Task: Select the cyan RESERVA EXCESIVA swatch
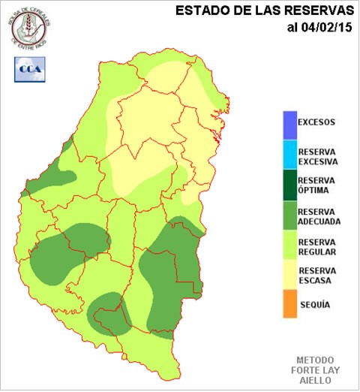289,155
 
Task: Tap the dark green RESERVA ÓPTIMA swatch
289,185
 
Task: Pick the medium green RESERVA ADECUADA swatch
289,216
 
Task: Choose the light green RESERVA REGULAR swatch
289,247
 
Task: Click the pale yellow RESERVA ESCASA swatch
289,276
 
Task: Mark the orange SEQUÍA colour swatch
289,306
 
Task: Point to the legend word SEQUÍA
315,306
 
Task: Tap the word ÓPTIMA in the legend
316,191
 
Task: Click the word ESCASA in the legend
315,281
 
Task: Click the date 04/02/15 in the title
326,28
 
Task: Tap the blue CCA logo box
28,68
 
